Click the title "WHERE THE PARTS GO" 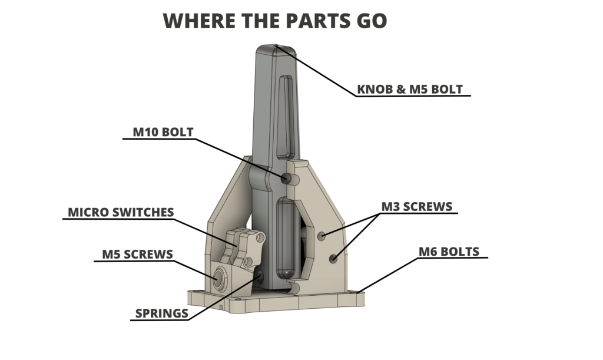tap(274, 21)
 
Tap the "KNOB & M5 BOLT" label tap(410, 90)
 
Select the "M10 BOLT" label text tap(163, 132)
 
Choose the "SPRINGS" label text tap(161, 313)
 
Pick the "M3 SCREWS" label tap(417, 207)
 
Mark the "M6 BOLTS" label tap(449, 252)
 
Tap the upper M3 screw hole tap(322, 236)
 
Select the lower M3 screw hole tap(334, 257)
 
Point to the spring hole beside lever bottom tap(259, 274)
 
